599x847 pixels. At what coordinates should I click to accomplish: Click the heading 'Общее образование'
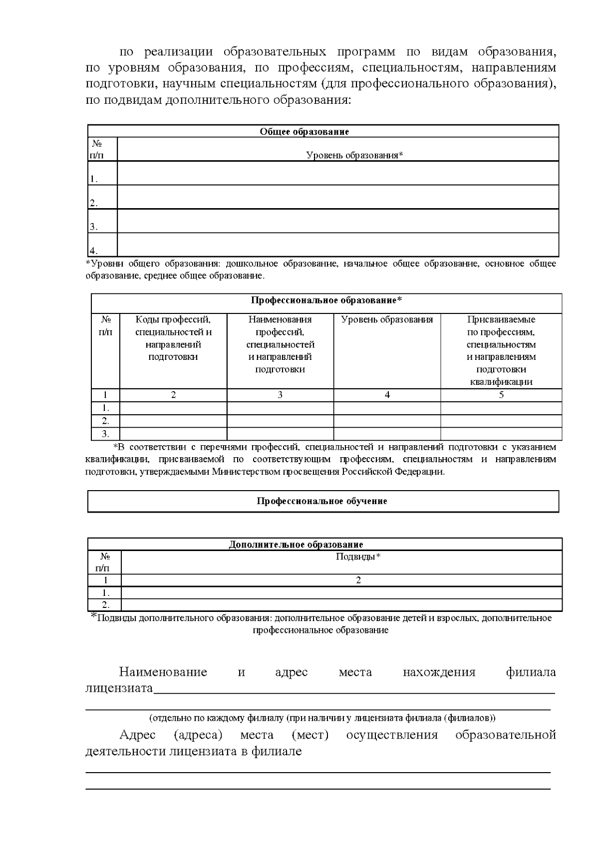(x=304, y=132)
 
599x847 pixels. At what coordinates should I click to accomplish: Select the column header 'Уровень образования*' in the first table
(x=354, y=155)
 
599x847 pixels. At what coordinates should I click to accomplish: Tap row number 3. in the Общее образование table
(x=94, y=227)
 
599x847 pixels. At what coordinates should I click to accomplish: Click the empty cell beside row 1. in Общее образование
(x=337, y=173)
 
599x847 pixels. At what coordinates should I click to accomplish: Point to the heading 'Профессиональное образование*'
(x=326, y=300)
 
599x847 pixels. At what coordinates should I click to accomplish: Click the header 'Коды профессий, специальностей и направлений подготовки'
(x=173, y=338)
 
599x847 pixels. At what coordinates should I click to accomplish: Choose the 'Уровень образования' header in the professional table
(x=387, y=320)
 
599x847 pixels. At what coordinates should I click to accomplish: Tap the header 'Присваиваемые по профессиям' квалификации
(x=501, y=350)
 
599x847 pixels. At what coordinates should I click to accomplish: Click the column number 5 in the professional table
(x=501, y=395)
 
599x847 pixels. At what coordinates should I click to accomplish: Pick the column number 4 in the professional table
(x=387, y=395)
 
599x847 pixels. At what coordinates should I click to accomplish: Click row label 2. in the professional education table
(x=105, y=421)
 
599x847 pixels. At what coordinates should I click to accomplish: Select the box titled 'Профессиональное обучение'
(x=322, y=501)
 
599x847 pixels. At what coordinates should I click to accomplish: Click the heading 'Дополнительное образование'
(x=296, y=545)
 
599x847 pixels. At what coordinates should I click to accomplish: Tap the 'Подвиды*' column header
(x=358, y=557)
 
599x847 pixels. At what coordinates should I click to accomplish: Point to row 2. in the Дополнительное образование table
(x=105, y=605)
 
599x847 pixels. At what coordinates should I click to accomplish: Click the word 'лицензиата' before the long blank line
(x=119, y=689)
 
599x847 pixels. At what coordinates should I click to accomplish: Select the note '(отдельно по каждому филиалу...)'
(x=322, y=718)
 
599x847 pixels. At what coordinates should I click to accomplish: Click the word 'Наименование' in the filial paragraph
(x=163, y=672)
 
